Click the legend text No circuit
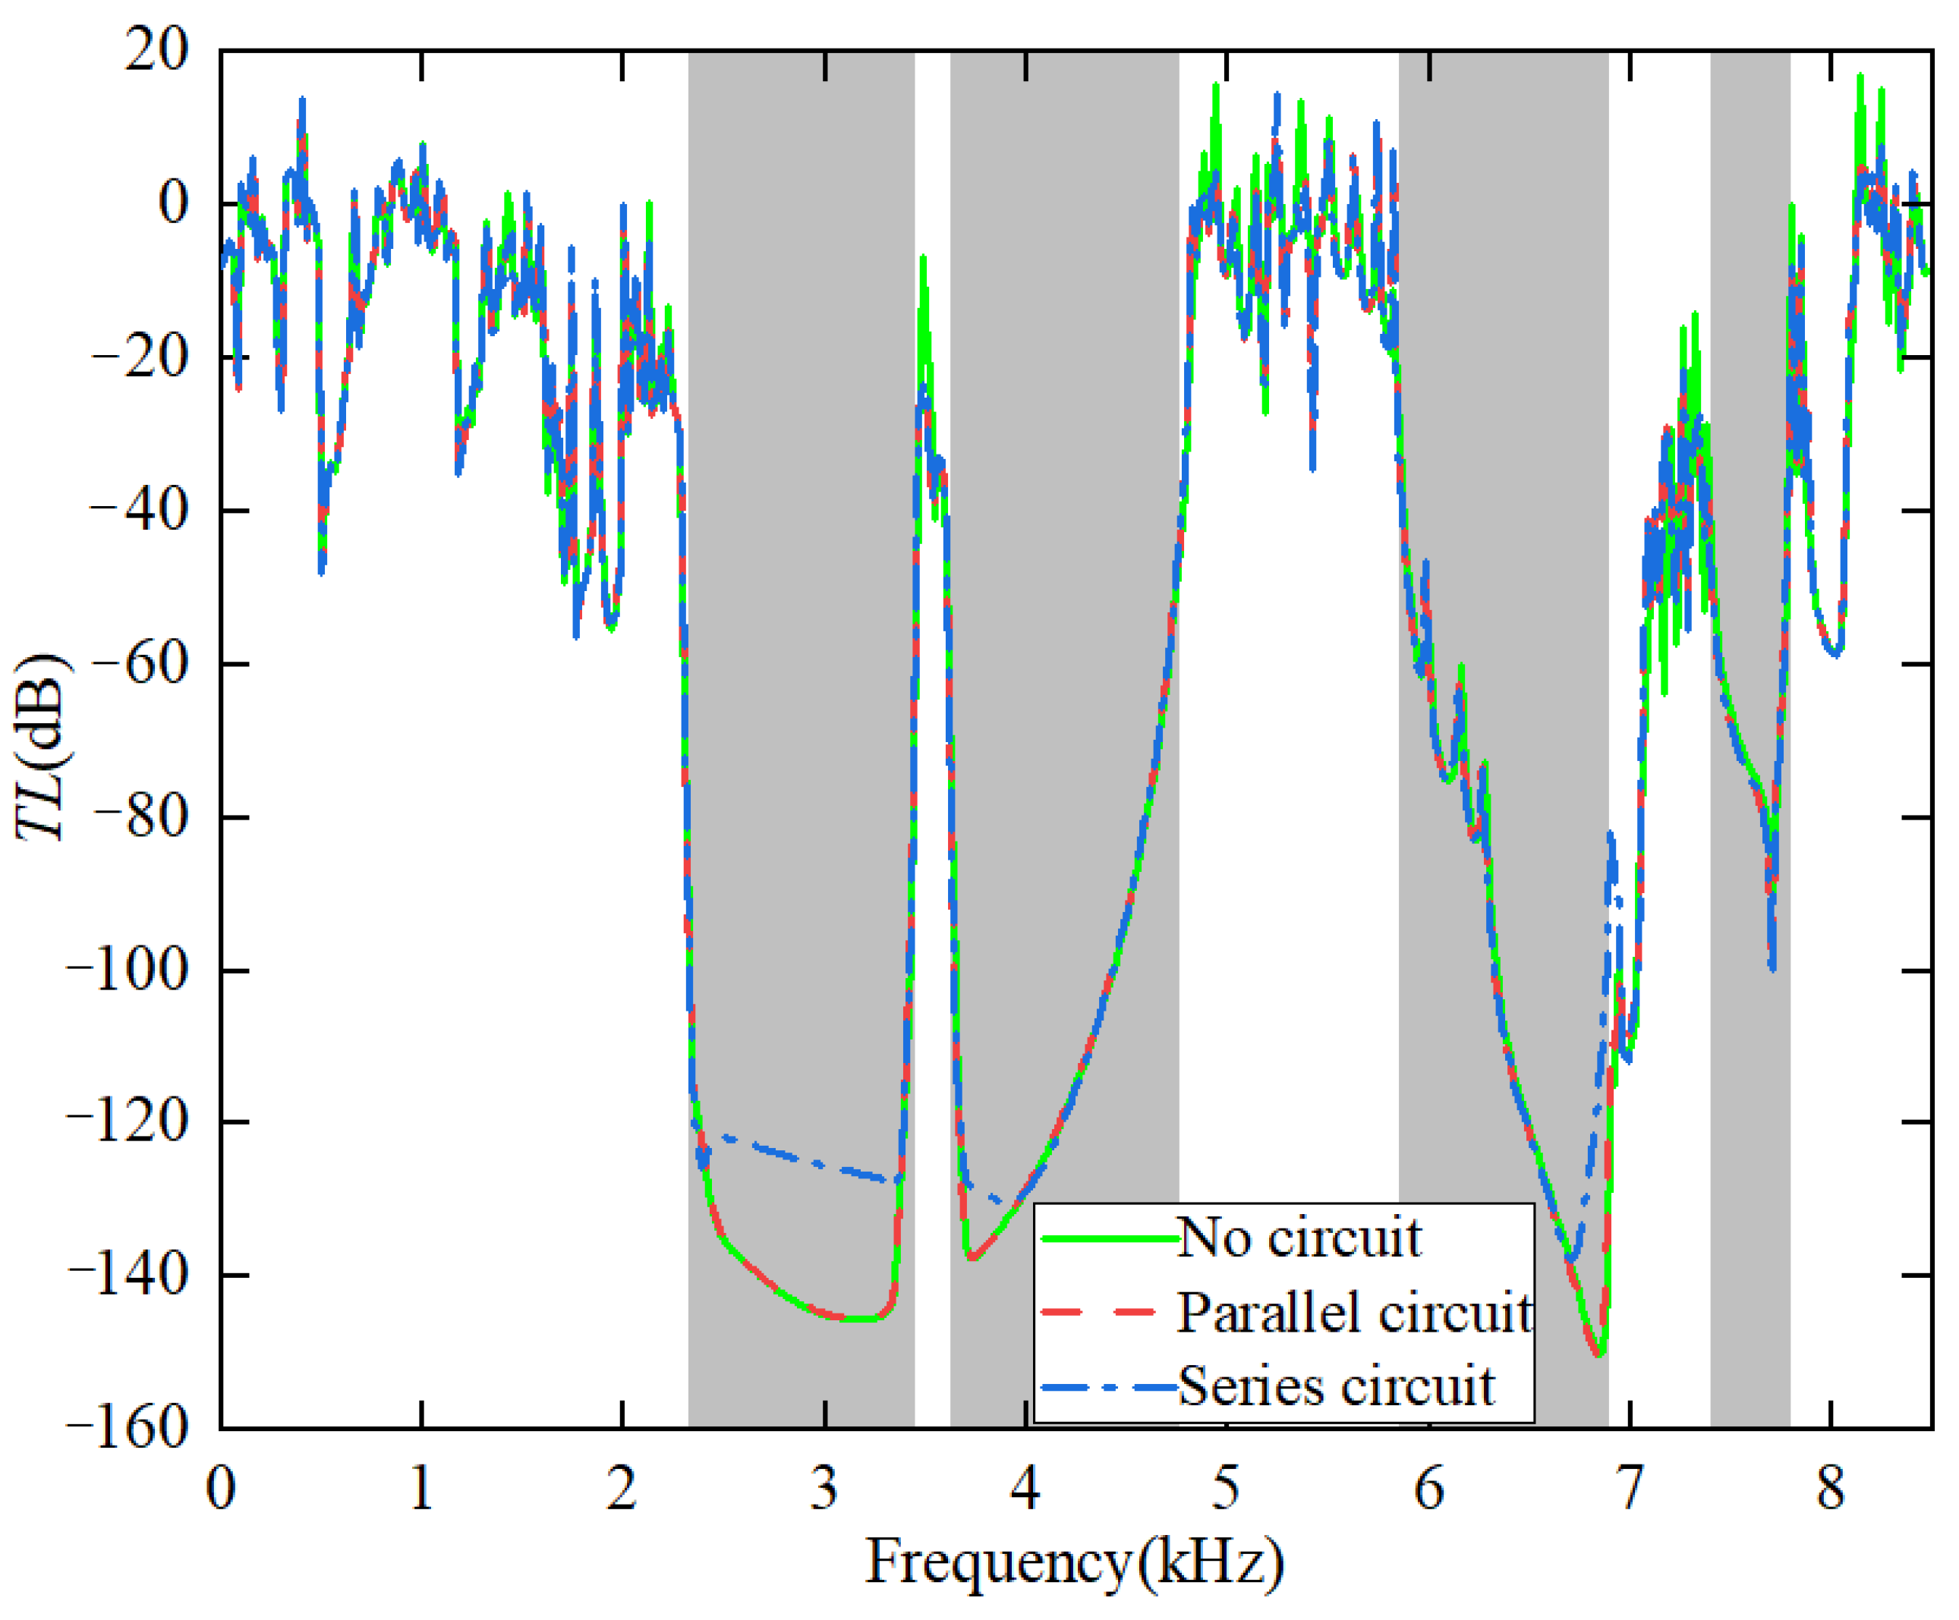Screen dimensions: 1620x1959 (x=1299, y=1238)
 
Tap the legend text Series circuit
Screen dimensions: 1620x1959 (x=1336, y=1386)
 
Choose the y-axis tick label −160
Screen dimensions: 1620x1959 (x=127, y=1428)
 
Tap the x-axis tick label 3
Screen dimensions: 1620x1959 (x=824, y=1489)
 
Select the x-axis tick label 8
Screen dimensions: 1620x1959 (x=1830, y=1489)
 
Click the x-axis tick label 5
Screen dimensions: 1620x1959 (x=1226, y=1489)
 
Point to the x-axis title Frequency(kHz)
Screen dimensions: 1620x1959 (x=1075, y=1562)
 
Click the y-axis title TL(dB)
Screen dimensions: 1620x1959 (x=42, y=746)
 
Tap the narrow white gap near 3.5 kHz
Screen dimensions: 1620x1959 (x=932, y=839)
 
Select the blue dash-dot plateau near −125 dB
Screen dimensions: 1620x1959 (x=793, y=1156)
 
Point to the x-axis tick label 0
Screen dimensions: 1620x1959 (x=221, y=1489)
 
